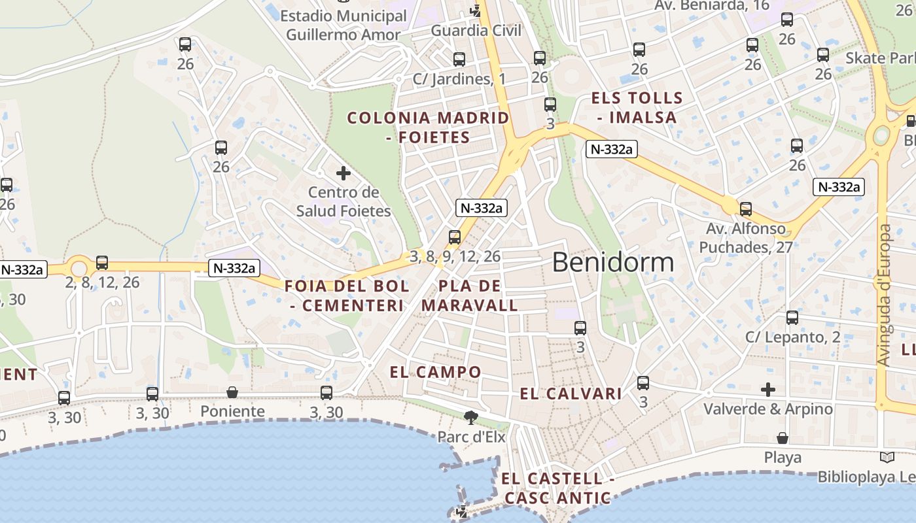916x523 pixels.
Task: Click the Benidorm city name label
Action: (612, 262)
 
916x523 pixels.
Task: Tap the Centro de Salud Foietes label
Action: (343, 201)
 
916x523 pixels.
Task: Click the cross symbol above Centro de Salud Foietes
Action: (343, 173)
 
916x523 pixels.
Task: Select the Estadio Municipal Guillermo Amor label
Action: (343, 25)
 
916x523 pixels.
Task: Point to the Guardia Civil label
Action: (476, 30)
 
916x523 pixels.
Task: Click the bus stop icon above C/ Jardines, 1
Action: (459, 59)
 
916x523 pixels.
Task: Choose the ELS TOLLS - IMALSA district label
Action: (633, 108)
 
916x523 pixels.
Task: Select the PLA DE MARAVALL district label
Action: (470, 295)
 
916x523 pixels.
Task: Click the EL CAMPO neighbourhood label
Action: (436, 373)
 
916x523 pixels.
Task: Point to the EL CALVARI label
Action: (571, 394)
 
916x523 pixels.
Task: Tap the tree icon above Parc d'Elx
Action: (470, 416)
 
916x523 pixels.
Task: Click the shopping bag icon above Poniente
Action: (232, 392)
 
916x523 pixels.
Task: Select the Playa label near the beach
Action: (783, 458)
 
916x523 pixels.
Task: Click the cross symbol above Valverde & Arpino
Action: (768, 390)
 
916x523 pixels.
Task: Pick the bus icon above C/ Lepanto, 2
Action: (792, 318)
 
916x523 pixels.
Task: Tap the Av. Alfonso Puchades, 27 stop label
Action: (746, 238)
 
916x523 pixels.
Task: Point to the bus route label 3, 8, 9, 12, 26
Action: (455, 256)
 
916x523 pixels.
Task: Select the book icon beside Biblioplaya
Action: (887, 457)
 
